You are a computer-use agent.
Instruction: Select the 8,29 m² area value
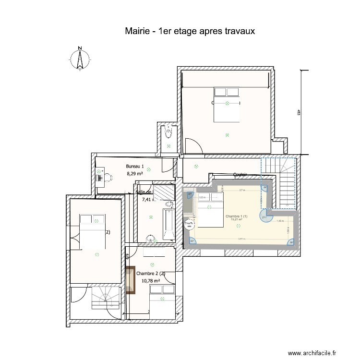(135, 174)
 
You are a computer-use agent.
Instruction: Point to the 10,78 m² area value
(148, 281)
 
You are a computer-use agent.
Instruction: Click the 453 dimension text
(298, 113)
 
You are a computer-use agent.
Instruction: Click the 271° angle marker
(264, 217)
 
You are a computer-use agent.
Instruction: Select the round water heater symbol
(189, 224)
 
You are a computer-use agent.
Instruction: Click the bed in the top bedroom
(226, 104)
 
